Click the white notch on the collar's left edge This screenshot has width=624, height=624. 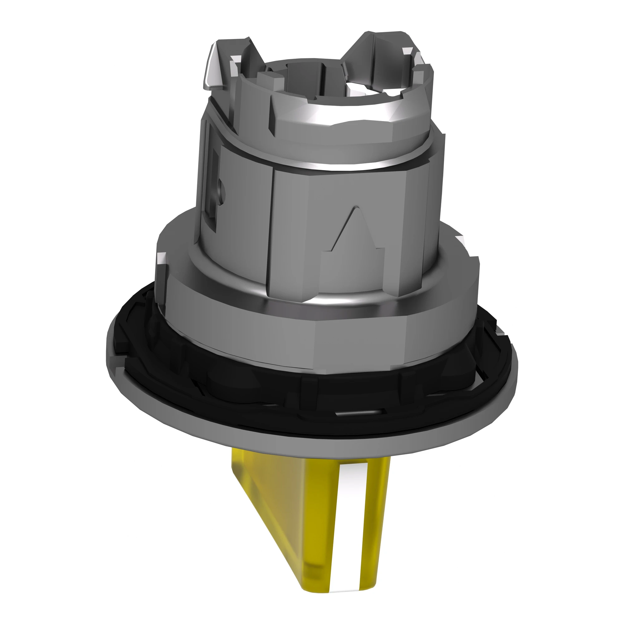click(160, 258)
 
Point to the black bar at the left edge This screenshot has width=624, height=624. click(41, 312)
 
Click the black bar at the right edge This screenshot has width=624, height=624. click(583, 312)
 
